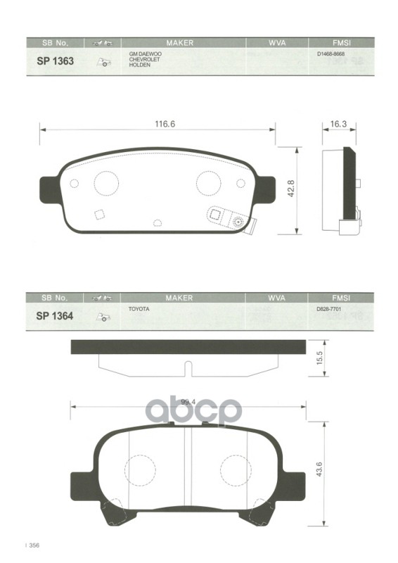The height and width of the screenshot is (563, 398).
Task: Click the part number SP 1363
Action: tap(55, 61)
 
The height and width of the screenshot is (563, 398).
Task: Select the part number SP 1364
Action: tap(55, 316)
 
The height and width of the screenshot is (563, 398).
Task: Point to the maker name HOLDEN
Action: tap(139, 65)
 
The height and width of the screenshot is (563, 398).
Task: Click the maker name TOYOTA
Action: tap(138, 309)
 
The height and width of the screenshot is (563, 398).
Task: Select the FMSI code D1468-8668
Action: tap(331, 54)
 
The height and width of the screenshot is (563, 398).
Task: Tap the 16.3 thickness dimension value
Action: tap(339, 124)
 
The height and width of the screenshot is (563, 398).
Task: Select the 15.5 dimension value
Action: tap(319, 358)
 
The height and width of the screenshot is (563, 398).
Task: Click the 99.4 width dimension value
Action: tap(186, 403)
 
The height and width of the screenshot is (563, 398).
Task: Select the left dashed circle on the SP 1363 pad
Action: tap(106, 184)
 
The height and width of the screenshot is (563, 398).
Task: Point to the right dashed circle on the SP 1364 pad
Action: tap(234, 470)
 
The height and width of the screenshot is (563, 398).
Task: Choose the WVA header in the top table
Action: tap(276, 42)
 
